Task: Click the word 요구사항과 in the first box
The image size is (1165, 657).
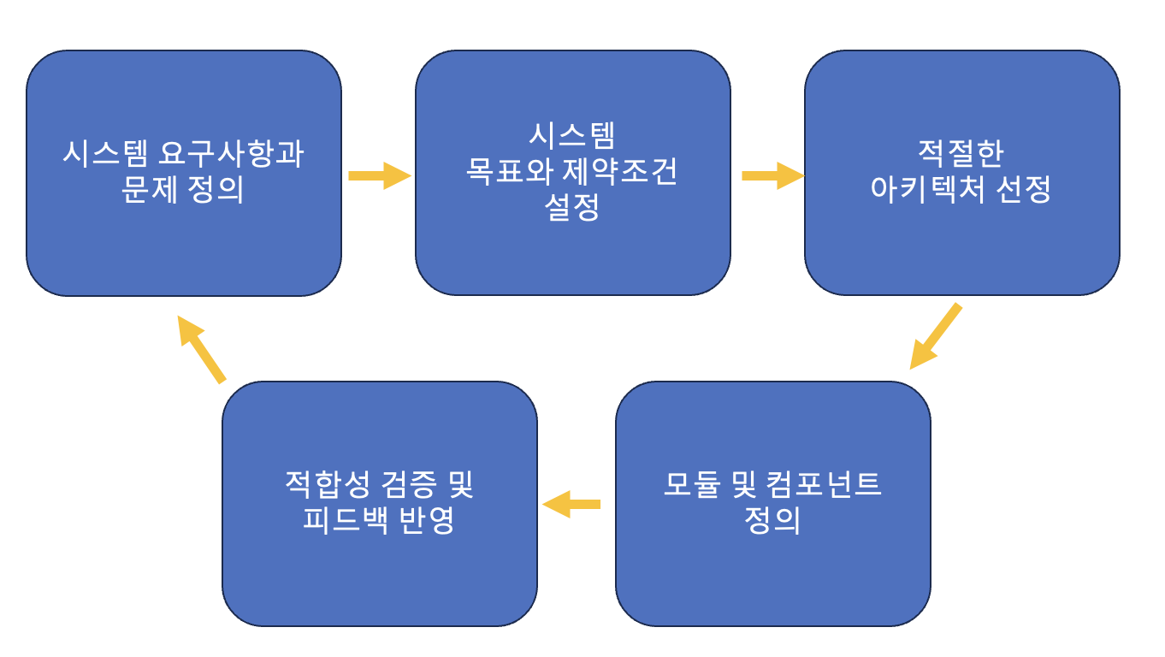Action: point(231,153)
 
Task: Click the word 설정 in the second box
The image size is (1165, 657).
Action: point(572,206)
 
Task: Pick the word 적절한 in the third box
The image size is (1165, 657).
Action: point(961,153)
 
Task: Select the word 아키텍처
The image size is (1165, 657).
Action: point(927,189)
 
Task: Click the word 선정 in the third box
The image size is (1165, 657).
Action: point(1023,189)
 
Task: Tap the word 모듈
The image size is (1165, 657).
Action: point(692,484)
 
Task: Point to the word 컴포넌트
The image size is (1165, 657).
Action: point(824,484)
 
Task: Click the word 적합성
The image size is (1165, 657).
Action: point(327,484)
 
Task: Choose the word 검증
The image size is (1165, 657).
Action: point(409,484)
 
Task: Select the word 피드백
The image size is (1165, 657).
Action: point(346,519)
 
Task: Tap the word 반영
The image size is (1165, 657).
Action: point(427,519)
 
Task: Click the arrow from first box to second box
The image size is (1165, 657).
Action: point(380,176)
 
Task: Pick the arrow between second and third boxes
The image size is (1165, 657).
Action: point(773,176)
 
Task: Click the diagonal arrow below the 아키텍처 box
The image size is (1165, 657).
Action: point(936,336)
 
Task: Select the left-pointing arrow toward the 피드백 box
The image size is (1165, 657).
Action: point(571,504)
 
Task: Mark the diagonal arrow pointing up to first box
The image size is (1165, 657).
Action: point(201,350)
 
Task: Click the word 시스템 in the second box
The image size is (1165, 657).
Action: point(572,135)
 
